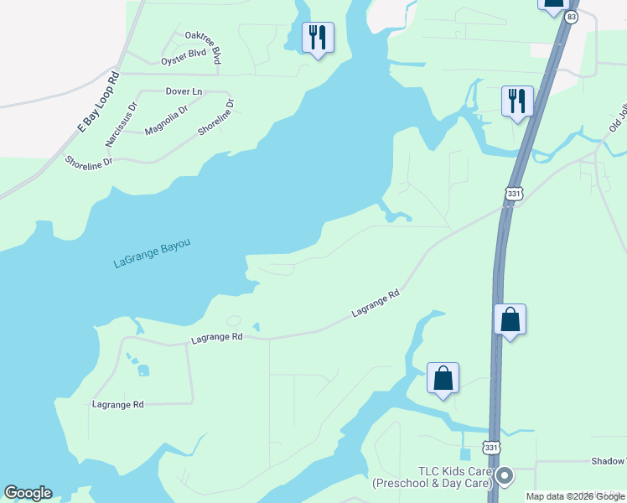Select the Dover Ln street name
pyautogui.click(x=184, y=91)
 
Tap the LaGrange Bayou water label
pyautogui.click(x=152, y=254)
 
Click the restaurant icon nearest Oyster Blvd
pyautogui.click(x=318, y=38)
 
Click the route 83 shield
pyautogui.click(x=571, y=17)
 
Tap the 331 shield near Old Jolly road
pyautogui.click(x=514, y=194)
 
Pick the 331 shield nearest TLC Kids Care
pyautogui.click(x=491, y=449)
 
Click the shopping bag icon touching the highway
pyautogui.click(x=510, y=320)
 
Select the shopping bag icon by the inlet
pyautogui.click(x=443, y=379)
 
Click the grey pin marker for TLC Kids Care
pyautogui.click(x=504, y=477)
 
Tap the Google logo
pyautogui.click(x=28, y=493)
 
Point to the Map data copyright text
pyautogui.click(x=575, y=496)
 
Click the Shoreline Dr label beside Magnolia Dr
pyautogui.click(x=216, y=119)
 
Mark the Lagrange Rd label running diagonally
pyautogui.click(x=375, y=303)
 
